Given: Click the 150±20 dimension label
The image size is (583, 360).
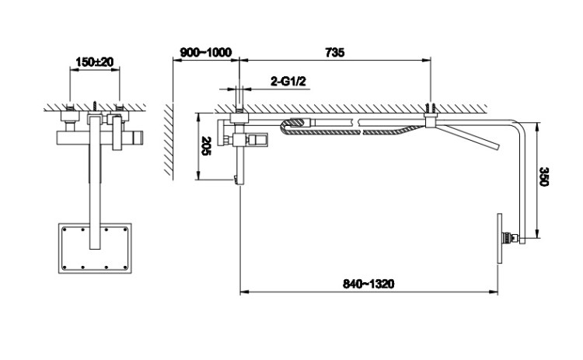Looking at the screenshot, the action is [94, 61].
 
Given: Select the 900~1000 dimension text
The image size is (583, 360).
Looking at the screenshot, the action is [206, 52].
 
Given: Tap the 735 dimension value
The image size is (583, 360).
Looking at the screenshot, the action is [334, 52].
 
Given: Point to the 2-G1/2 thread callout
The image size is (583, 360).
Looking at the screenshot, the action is [288, 81].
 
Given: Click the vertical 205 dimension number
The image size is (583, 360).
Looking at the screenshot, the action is [206, 145].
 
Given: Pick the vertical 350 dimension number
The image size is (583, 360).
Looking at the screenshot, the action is [543, 177].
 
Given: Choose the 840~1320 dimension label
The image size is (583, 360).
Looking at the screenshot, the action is [368, 284].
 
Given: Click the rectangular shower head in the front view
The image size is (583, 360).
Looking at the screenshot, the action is [95, 248].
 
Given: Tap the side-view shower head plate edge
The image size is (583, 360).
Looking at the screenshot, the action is [499, 239].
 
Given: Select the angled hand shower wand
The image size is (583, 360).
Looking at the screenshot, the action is [470, 137].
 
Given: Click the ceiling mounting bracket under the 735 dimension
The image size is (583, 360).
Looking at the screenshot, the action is [431, 120].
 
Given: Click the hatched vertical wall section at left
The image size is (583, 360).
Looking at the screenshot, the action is [169, 140].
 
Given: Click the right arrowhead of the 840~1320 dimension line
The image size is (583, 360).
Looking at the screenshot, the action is [494, 292].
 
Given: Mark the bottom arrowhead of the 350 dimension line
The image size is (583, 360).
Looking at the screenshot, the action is [537, 233].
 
